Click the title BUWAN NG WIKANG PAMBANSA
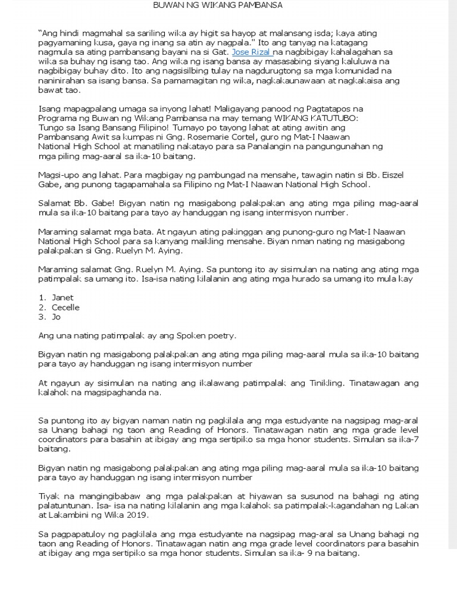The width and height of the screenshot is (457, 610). [x=217, y=5]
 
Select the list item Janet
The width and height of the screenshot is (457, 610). [x=62, y=297]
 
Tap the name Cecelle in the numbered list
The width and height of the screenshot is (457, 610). [x=65, y=307]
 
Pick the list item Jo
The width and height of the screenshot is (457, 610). [x=57, y=317]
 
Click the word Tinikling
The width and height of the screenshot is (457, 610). [x=325, y=383]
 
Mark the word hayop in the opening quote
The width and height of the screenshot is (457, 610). [x=255, y=33]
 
